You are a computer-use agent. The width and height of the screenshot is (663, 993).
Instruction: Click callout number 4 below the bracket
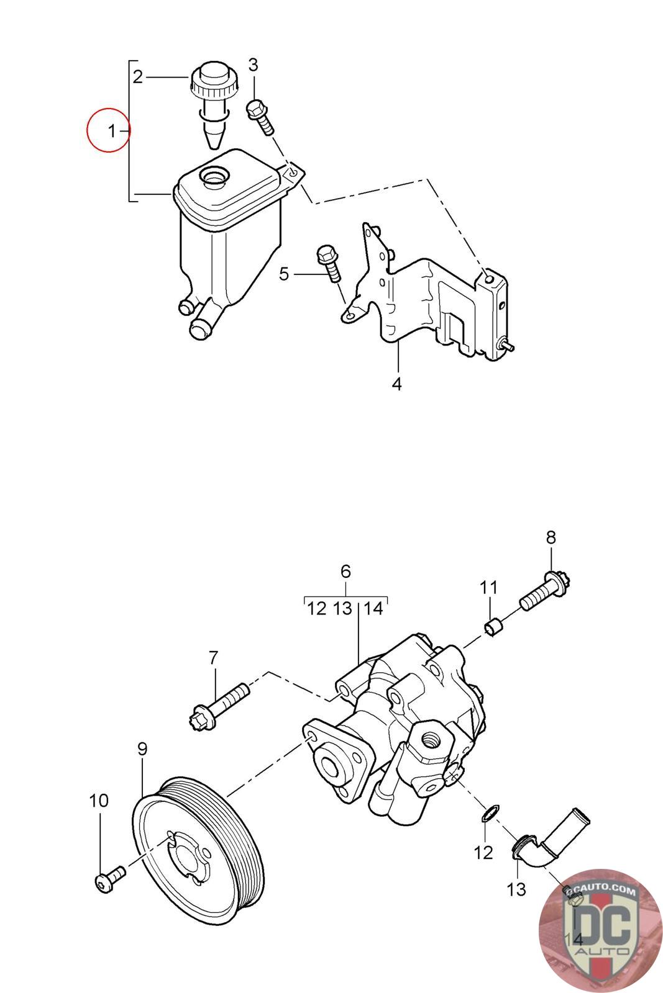[396, 384]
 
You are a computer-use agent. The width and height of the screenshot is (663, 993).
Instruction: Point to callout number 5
[284, 274]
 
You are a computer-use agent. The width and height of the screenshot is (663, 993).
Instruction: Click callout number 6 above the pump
[345, 571]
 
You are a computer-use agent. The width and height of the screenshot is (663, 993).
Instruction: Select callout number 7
[213, 657]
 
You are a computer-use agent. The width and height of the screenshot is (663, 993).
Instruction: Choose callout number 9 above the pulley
[142, 749]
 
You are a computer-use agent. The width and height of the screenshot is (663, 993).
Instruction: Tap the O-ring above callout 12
[490, 813]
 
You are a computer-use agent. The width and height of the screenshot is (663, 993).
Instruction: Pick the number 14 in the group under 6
[373, 608]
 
